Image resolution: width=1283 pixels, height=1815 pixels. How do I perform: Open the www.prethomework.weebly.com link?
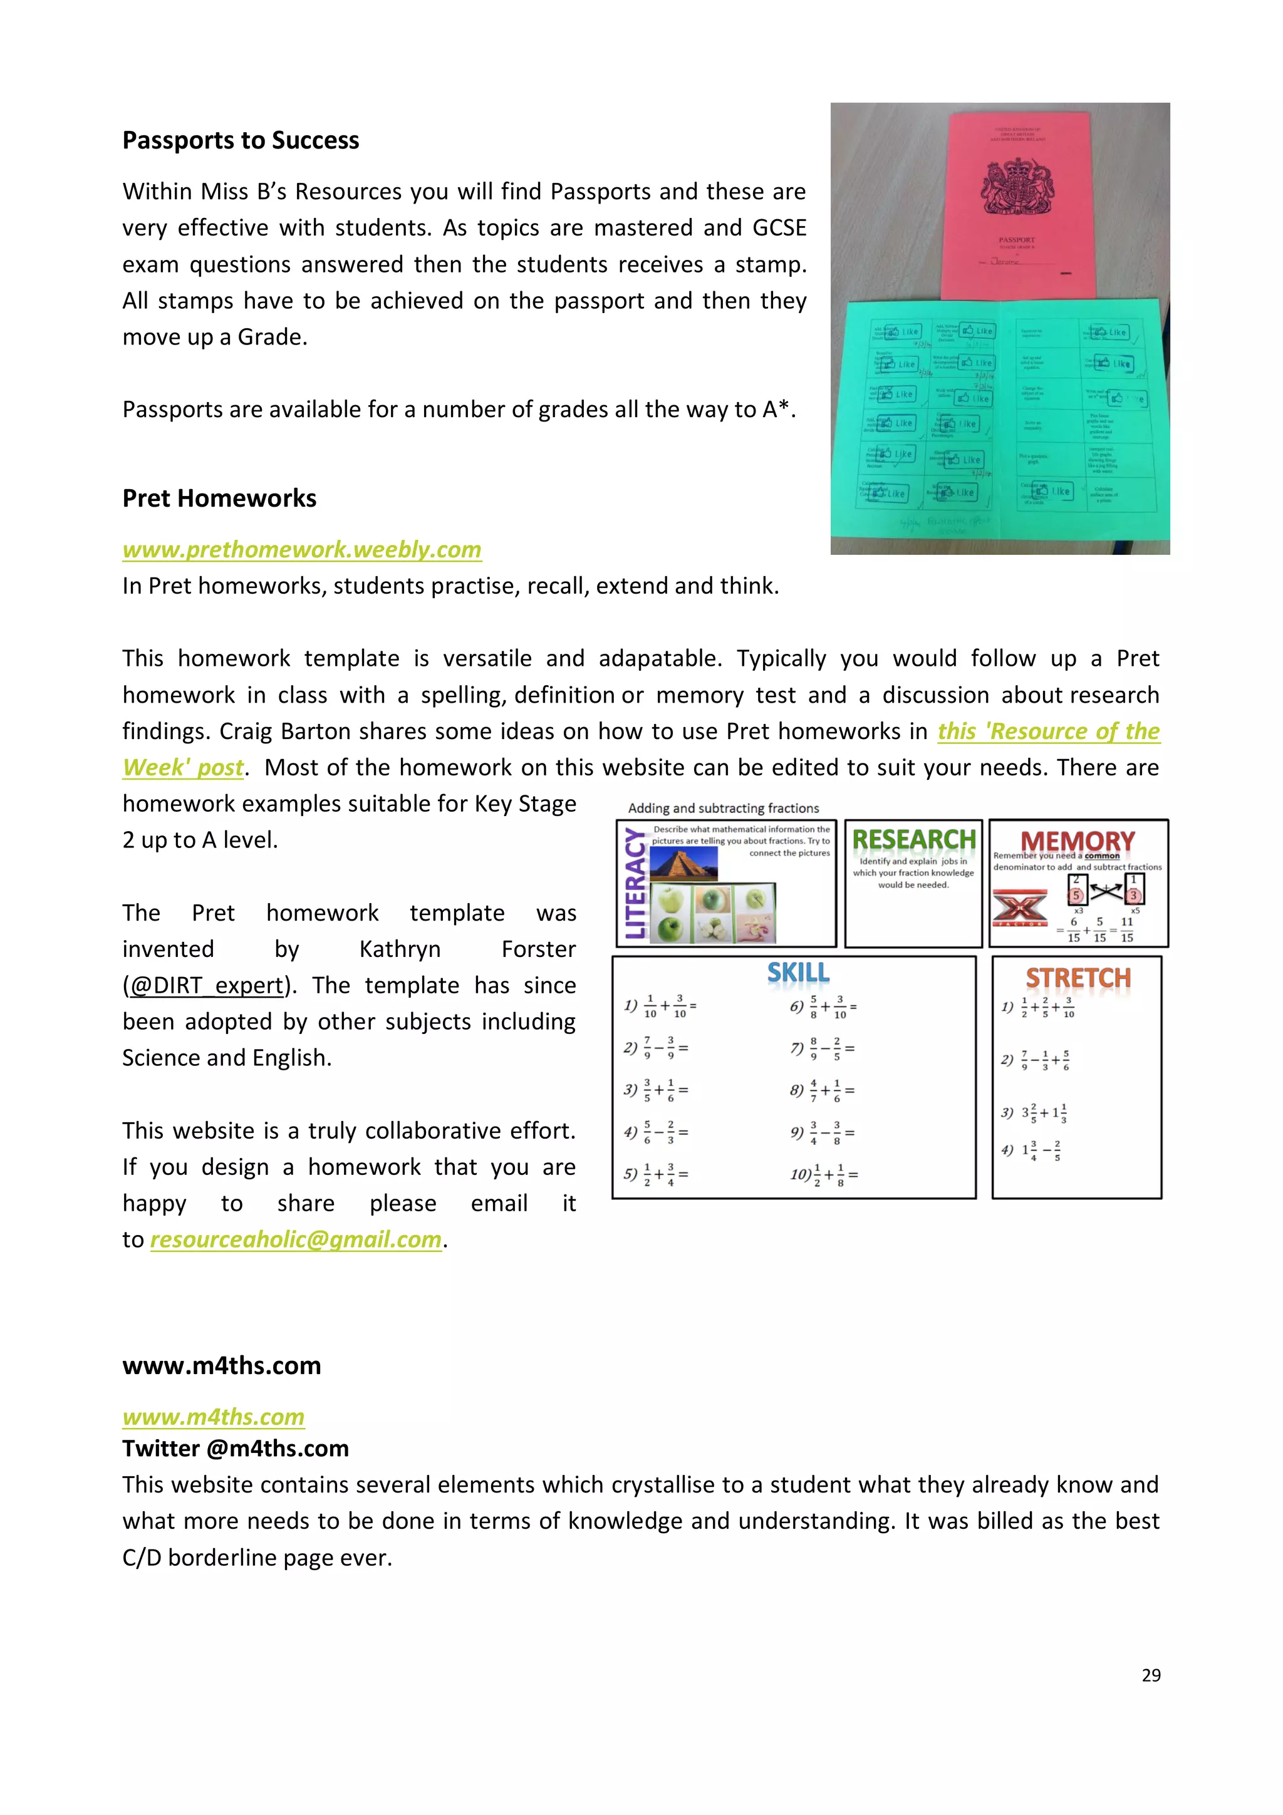pos(302,549)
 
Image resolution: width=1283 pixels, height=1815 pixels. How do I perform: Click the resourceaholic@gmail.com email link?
pos(296,1239)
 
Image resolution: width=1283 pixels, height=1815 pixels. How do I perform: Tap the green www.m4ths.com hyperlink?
pos(214,1416)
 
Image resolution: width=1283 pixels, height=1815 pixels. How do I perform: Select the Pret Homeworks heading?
pos(219,498)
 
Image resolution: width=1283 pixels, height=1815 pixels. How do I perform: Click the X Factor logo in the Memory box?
pos(1020,908)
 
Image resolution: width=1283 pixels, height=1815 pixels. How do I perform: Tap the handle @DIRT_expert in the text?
pos(206,985)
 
